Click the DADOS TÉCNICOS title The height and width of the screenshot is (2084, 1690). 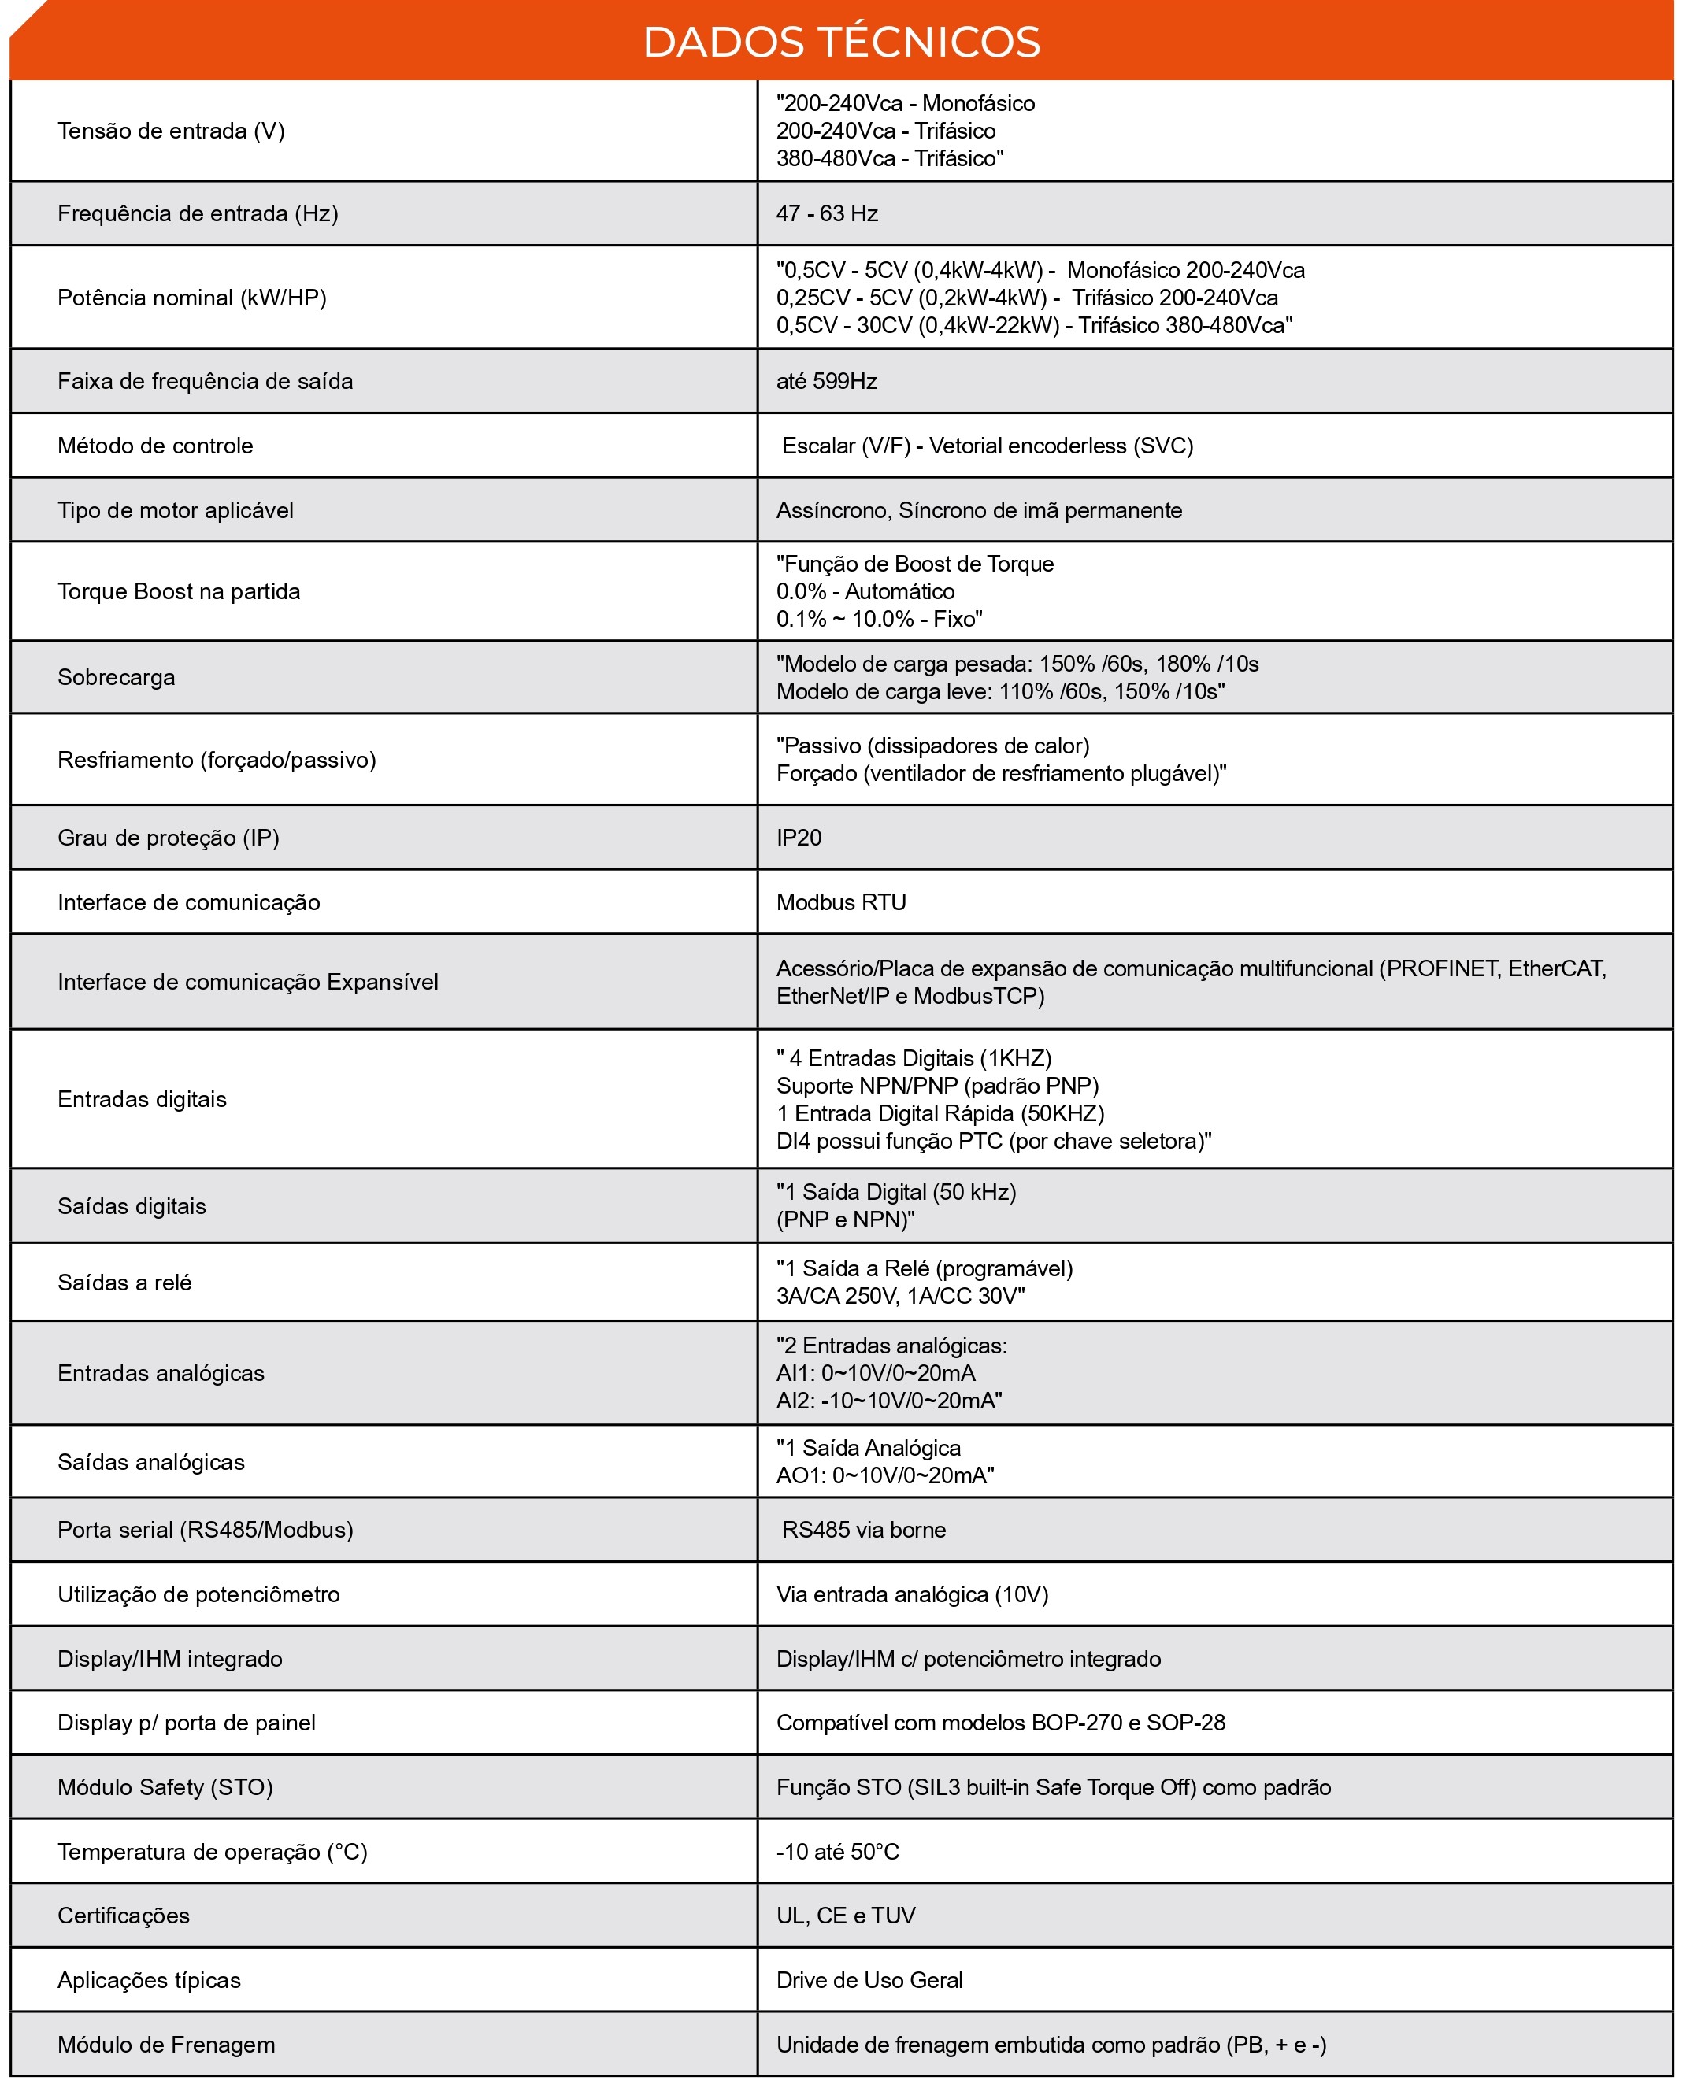(x=841, y=43)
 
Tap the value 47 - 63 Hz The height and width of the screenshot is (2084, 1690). (x=827, y=213)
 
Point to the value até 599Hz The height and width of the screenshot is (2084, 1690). (x=827, y=380)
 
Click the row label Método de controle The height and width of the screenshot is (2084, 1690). (x=155, y=446)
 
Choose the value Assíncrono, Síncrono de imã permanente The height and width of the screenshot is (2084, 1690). (x=978, y=510)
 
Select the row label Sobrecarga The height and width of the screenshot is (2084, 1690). (x=116, y=676)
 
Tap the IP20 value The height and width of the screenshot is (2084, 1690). (x=799, y=837)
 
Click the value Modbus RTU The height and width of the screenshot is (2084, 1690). (x=841, y=902)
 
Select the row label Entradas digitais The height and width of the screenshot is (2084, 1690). (x=141, y=1099)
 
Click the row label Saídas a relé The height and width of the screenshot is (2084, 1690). (x=124, y=1282)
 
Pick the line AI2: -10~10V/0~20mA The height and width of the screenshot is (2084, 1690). (x=889, y=1401)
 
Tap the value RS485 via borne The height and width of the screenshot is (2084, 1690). (x=863, y=1529)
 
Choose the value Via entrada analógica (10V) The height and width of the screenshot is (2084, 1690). (x=911, y=1594)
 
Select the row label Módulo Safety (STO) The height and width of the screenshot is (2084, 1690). (x=165, y=1787)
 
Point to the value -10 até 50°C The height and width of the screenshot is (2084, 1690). (x=837, y=1852)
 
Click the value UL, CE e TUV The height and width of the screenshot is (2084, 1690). (x=845, y=1916)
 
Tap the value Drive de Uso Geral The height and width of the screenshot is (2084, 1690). (x=869, y=1980)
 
